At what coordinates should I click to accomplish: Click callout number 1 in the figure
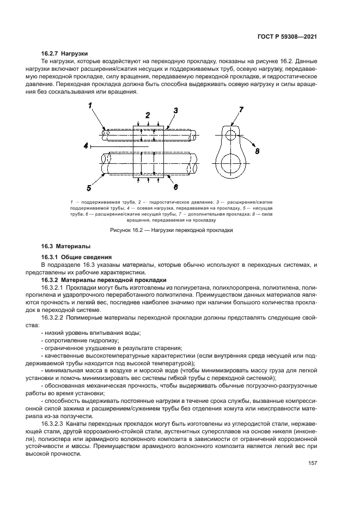coord(91,107)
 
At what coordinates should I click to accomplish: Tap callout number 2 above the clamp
coord(148,115)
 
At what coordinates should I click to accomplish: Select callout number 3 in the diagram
coord(175,111)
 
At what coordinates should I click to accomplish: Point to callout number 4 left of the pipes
coord(86,146)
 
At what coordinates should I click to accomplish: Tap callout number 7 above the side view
coord(241,110)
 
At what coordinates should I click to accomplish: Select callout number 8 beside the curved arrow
coord(258,151)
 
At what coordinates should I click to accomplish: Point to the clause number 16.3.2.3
coord(53,422)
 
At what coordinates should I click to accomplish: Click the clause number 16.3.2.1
coord(53,286)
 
